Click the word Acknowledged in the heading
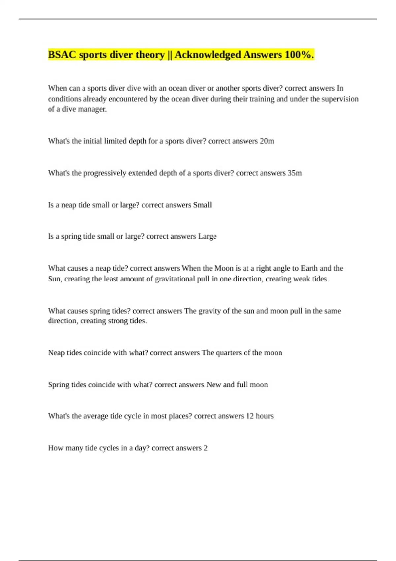click(x=208, y=55)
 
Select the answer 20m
click(x=267, y=141)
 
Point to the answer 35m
click(x=295, y=173)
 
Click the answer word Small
click(x=202, y=205)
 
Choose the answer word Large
click(x=207, y=236)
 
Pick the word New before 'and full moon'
click(x=214, y=385)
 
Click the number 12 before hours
click(x=250, y=416)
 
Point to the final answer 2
click(x=206, y=448)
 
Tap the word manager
click(x=92, y=109)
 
